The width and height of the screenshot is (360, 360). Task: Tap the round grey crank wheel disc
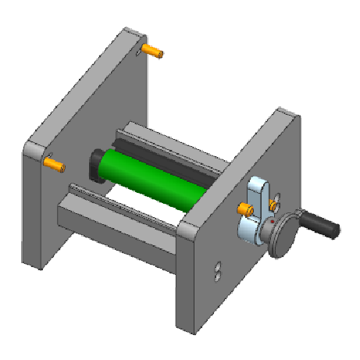281,236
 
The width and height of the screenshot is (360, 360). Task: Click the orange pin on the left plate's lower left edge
53,165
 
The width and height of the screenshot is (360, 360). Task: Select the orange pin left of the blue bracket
245,209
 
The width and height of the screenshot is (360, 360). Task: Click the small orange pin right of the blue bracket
273,205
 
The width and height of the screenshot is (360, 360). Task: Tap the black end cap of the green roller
97,164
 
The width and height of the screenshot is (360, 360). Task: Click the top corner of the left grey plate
128,31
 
